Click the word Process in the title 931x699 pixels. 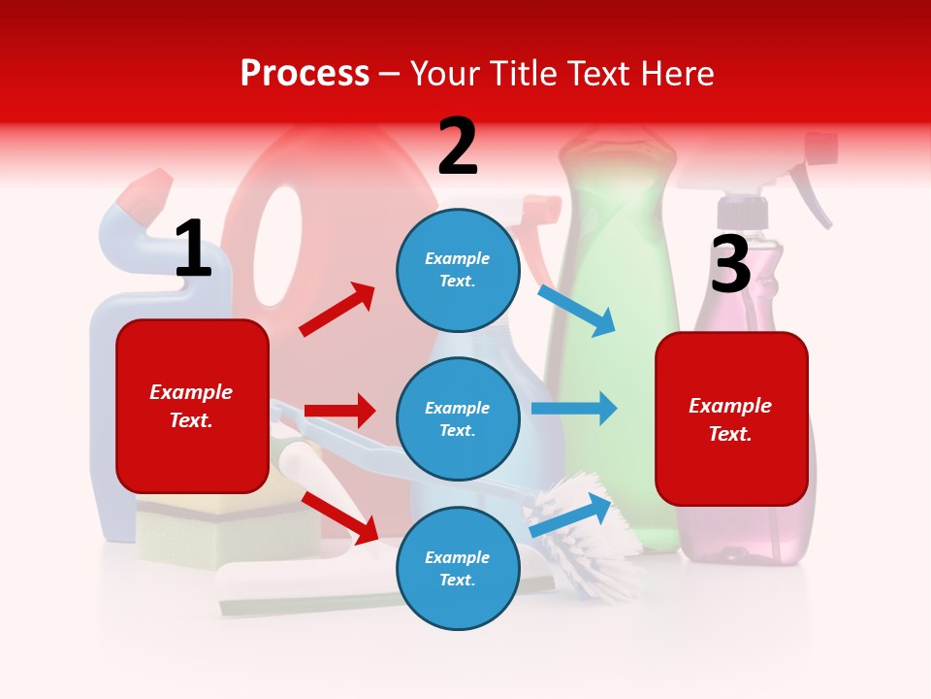pos(305,73)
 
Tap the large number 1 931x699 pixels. pos(193,249)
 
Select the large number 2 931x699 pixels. pos(458,147)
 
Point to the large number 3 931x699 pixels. pos(730,263)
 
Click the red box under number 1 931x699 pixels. pos(192,406)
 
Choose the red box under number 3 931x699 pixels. pos(731,418)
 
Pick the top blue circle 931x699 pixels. pos(457,269)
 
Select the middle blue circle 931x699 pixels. pos(457,418)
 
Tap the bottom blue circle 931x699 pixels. pos(457,568)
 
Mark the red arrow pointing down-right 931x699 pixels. pos(340,517)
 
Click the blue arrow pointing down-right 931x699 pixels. pos(578,310)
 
